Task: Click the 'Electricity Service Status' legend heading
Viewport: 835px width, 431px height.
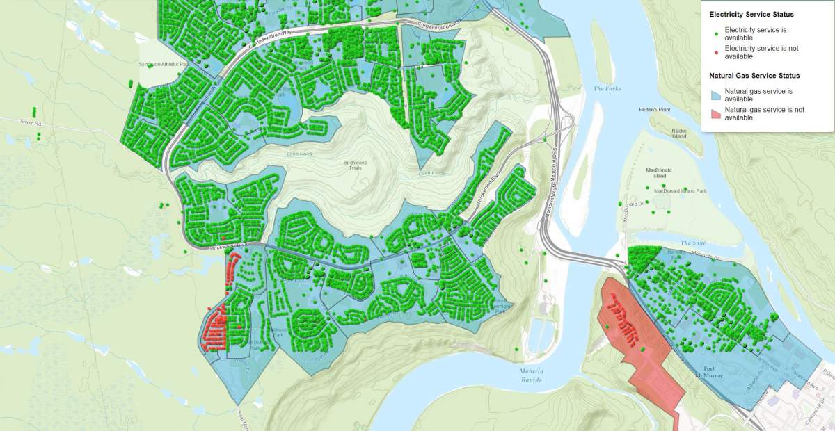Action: [751, 14]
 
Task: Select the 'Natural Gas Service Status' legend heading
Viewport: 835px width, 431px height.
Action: [754, 75]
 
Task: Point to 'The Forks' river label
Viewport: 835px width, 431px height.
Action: [607, 89]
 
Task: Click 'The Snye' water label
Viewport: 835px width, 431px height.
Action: [692, 243]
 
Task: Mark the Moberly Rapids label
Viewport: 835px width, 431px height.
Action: [531, 375]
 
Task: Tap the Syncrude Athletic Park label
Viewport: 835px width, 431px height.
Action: [164, 64]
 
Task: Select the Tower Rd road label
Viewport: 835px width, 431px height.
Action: [31, 123]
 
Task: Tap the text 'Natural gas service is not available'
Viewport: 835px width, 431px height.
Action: [764, 114]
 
